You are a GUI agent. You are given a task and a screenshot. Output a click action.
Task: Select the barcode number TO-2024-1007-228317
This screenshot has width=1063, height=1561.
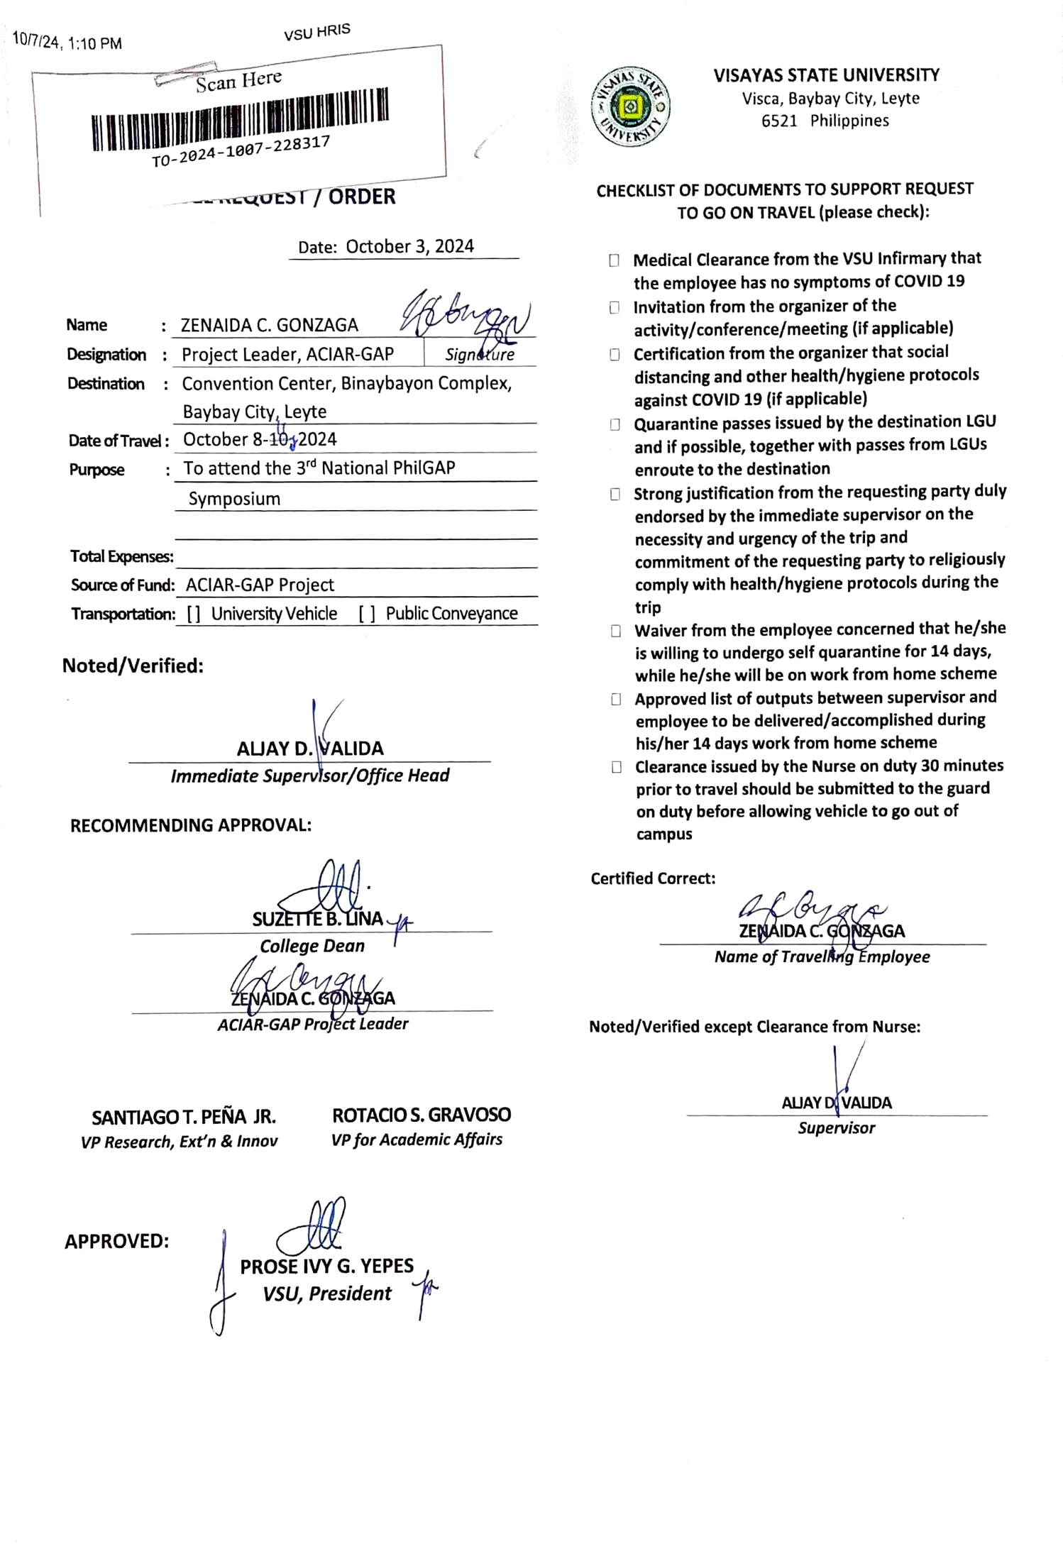[241, 152]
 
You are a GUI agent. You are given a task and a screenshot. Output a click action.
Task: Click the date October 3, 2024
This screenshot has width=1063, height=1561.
[409, 246]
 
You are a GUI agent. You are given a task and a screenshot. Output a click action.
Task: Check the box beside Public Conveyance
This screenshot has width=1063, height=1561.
[367, 614]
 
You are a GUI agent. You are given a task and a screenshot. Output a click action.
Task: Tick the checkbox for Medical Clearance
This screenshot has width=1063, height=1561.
[614, 260]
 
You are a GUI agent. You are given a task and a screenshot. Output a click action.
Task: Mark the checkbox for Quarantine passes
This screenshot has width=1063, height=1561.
[615, 424]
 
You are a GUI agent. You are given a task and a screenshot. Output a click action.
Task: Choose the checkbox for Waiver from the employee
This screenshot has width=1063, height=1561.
[616, 631]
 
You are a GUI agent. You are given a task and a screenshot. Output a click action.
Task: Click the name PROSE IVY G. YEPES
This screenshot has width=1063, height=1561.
[326, 1266]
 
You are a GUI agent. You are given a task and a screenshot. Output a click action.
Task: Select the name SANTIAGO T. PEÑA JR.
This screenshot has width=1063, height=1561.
[183, 1117]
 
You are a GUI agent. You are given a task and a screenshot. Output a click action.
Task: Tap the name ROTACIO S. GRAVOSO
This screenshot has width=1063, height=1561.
[421, 1115]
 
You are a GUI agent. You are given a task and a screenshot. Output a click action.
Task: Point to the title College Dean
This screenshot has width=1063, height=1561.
[312, 946]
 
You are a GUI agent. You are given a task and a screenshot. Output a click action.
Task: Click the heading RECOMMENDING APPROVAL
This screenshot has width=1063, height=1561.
[190, 825]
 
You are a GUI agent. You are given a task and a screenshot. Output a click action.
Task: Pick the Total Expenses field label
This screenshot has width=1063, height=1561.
[121, 556]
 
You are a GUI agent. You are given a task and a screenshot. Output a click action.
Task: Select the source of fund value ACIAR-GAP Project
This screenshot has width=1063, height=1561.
[260, 585]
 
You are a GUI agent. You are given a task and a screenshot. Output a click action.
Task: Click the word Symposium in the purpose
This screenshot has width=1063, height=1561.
[234, 499]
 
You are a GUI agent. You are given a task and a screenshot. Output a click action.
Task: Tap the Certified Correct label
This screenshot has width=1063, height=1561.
[652, 878]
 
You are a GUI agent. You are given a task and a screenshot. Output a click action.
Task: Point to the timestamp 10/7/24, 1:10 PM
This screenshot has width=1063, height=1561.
[67, 43]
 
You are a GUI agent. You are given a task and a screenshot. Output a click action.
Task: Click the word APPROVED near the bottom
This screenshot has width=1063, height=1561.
[116, 1241]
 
